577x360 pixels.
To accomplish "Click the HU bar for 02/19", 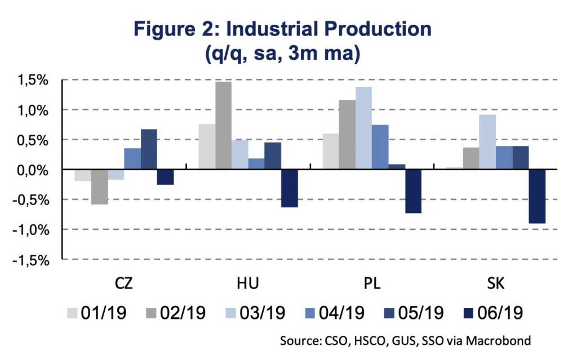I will click(x=223, y=125).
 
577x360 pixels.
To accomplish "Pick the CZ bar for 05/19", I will click(x=149, y=149).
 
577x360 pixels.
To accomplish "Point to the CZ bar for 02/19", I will click(x=99, y=186).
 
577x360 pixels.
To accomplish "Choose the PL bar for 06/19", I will click(x=413, y=191).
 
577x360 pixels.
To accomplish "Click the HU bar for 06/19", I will click(x=289, y=188).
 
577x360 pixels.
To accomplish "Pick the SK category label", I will click(x=496, y=283).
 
